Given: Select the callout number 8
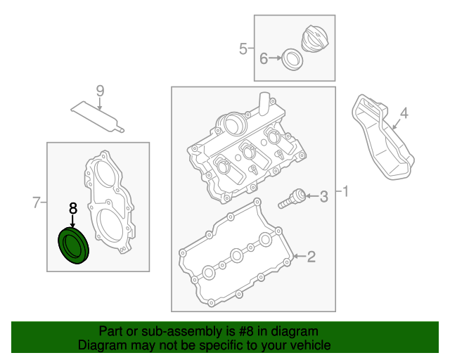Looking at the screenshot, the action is click(x=73, y=208).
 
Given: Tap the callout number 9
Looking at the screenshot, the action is click(x=100, y=91).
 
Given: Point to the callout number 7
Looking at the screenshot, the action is click(x=36, y=202).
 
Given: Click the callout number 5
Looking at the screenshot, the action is click(x=243, y=49).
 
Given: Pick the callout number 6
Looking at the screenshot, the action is click(x=264, y=58).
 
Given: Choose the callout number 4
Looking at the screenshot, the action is click(x=404, y=113).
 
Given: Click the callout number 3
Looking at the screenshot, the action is click(x=323, y=197).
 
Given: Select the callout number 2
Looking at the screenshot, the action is click(x=311, y=257).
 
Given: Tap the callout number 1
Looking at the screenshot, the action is click(x=345, y=191).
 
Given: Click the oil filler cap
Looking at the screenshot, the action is click(x=316, y=39).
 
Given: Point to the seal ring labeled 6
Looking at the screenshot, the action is click(x=292, y=60).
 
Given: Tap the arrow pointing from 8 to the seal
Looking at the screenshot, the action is click(x=72, y=221).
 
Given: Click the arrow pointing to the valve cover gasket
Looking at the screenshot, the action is click(x=300, y=256).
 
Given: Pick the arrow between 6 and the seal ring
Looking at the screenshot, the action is click(x=275, y=58).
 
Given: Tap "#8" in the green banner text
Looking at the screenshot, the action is click(x=246, y=332).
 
